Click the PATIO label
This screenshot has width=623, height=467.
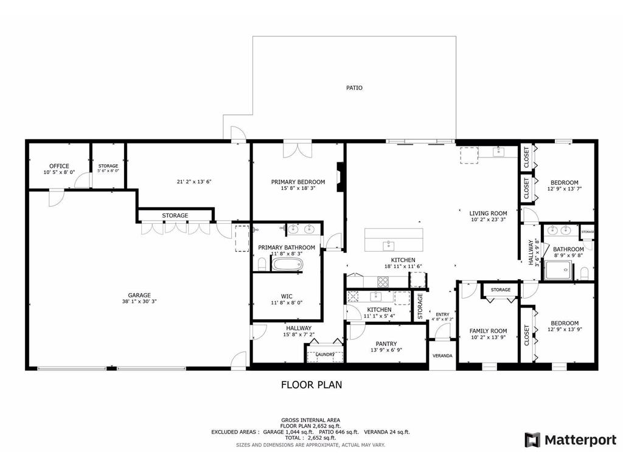(x=354, y=88)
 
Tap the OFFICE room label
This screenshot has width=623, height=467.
(x=59, y=166)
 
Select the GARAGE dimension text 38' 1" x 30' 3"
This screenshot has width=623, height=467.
(x=139, y=302)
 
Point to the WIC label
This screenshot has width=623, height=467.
(x=287, y=296)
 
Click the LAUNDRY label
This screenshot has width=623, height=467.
(x=325, y=355)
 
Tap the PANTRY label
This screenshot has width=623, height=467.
(x=386, y=344)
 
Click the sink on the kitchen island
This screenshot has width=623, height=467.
(x=388, y=244)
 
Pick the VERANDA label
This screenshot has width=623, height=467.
(x=442, y=356)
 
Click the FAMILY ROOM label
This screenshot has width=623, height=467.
(x=488, y=331)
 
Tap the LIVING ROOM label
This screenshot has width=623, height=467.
(x=488, y=213)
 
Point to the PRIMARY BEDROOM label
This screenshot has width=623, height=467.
(x=298, y=182)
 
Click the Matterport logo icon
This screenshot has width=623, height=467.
(x=532, y=440)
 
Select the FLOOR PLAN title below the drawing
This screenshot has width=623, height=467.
(x=311, y=384)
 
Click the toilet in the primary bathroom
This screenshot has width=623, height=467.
(x=262, y=264)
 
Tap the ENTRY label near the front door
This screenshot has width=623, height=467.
(x=442, y=314)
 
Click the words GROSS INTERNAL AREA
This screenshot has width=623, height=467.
(x=310, y=420)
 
